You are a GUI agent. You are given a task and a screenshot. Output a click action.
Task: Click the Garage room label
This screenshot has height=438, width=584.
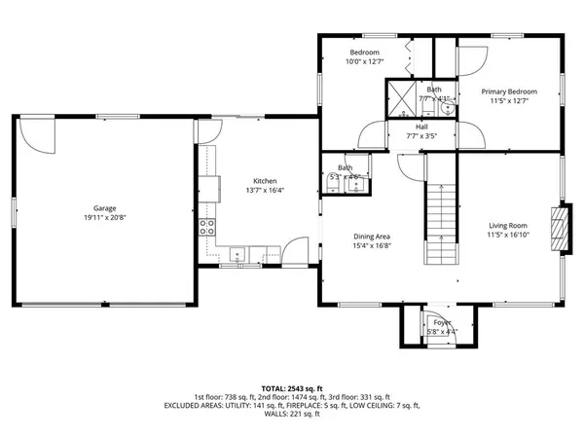coord(105,208)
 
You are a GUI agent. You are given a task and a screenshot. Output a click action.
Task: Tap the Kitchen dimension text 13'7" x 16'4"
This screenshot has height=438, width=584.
coord(265,190)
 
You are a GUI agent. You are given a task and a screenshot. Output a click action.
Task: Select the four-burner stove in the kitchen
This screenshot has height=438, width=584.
coord(207,228)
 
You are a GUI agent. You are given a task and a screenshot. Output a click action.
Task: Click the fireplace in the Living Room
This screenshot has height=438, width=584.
coord(557,228)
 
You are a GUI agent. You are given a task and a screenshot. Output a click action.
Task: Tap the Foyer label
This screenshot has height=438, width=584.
coord(443,323)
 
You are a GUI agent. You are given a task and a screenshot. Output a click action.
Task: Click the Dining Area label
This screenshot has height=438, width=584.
coord(372,236)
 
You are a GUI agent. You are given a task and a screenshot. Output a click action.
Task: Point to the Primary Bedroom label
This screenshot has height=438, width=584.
coord(510,91)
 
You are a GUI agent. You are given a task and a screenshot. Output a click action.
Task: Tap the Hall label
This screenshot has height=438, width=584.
coord(421,127)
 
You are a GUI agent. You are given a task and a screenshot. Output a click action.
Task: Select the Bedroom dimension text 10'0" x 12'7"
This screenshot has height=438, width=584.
coord(365,62)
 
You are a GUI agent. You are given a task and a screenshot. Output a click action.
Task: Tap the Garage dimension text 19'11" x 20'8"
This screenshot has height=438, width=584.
coord(105,217)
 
